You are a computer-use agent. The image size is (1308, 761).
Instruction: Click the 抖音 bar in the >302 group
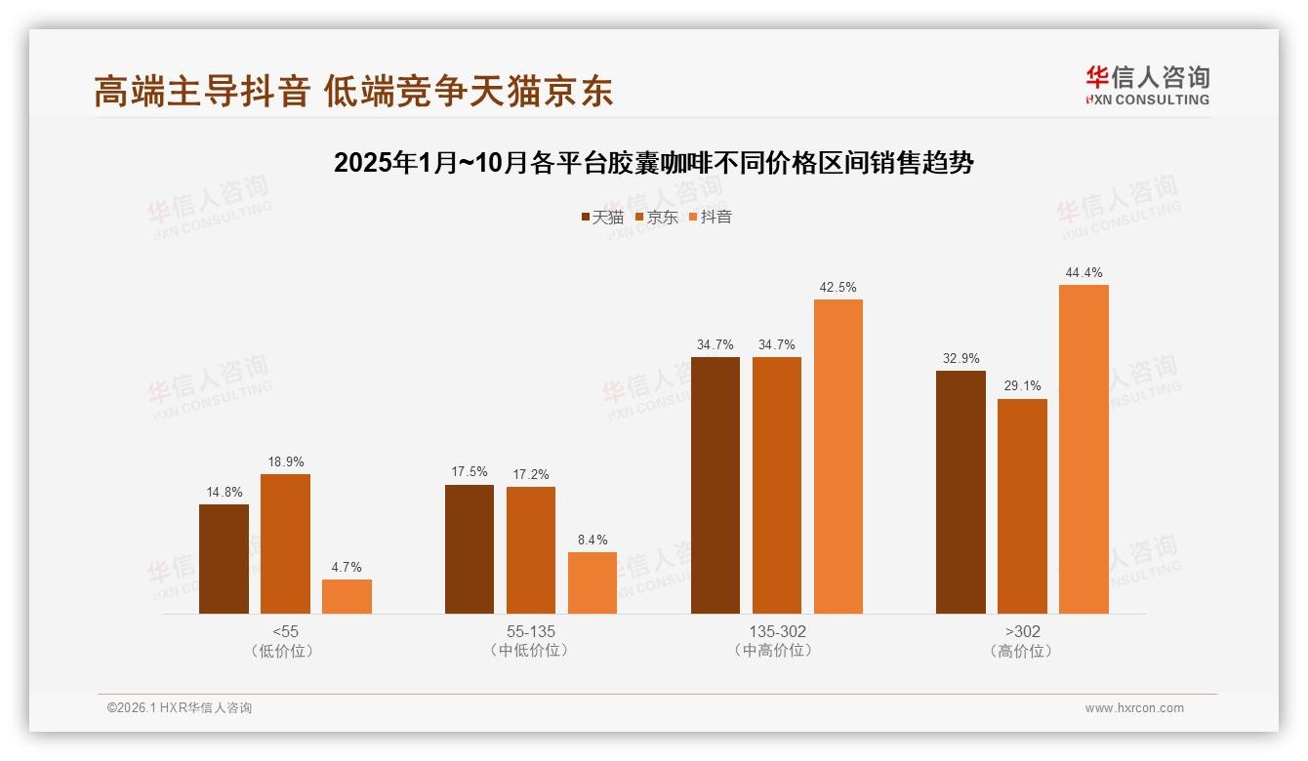1083,449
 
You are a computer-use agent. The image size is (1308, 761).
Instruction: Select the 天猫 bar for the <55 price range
224,559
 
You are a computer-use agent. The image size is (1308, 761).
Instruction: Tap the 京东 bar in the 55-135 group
531,550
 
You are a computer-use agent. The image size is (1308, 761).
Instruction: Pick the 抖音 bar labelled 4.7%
347,596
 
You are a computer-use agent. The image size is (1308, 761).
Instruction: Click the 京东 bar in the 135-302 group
777,485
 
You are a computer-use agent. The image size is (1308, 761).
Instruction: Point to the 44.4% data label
1084,273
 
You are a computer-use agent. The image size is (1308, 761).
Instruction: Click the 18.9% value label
285,461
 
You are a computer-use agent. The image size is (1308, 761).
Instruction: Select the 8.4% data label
593,540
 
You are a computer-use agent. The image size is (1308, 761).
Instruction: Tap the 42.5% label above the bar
838,288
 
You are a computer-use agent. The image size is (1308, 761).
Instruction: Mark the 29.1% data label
1022,386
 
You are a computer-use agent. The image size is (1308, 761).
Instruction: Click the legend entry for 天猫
602,218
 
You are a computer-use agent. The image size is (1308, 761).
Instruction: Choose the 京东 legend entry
657,218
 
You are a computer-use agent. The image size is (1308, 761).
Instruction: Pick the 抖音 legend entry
711,218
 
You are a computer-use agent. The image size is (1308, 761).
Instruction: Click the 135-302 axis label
778,631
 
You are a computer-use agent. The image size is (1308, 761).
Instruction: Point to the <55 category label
286,631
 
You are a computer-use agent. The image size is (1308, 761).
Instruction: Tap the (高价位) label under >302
1022,651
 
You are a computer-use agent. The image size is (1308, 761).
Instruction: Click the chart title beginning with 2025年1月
654,163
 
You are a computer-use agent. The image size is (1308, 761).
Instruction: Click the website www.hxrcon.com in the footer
1134,708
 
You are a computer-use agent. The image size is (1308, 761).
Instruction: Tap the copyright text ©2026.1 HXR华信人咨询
180,708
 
